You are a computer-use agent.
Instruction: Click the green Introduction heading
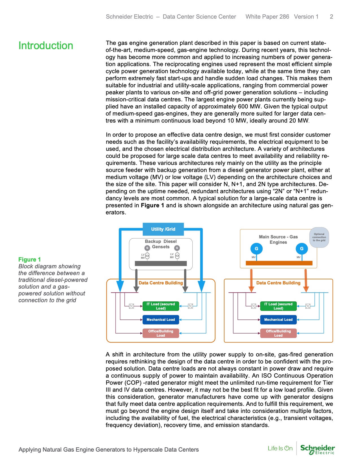46,46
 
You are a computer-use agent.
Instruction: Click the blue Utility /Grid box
163,229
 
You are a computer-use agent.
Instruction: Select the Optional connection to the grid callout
319,237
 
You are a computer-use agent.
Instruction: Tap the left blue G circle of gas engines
256,249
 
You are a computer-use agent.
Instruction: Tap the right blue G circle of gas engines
302,249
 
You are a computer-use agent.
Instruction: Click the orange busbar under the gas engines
279,263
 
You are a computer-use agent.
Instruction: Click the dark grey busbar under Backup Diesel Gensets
161,264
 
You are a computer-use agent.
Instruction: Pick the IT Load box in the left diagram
161,306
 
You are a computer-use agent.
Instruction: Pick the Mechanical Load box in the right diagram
278,320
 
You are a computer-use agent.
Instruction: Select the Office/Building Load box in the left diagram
161,333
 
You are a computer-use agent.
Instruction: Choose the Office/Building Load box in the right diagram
278,333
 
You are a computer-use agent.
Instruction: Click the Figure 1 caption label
29,259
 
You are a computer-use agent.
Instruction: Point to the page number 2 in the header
331,17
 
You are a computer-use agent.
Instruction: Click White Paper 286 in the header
267,17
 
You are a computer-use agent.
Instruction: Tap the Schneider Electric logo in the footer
317,449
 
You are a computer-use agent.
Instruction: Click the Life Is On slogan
280,448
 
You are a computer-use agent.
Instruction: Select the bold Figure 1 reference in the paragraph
152,205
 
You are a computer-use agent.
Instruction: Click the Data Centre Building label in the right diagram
278,283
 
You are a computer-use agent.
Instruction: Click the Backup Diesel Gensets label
161,244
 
